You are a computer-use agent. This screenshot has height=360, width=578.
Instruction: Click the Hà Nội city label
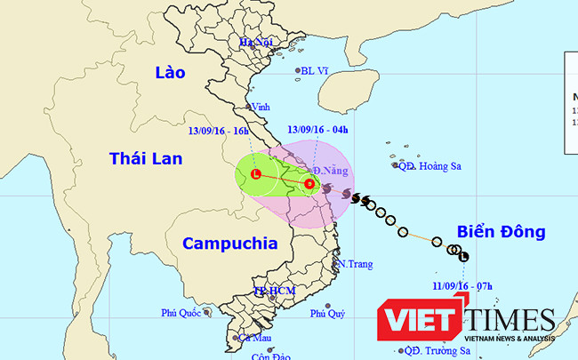[x=254, y=43]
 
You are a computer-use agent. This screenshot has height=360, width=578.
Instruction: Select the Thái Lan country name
[x=145, y=158]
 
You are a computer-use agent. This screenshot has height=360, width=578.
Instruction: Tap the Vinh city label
[x=261, y=107]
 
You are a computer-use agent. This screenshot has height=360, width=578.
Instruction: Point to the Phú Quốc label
[x=183, y=312]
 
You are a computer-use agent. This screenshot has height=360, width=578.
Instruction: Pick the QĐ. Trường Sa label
[x=433, y=350]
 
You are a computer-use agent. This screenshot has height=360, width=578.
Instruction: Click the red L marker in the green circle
[x=256, y=174]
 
